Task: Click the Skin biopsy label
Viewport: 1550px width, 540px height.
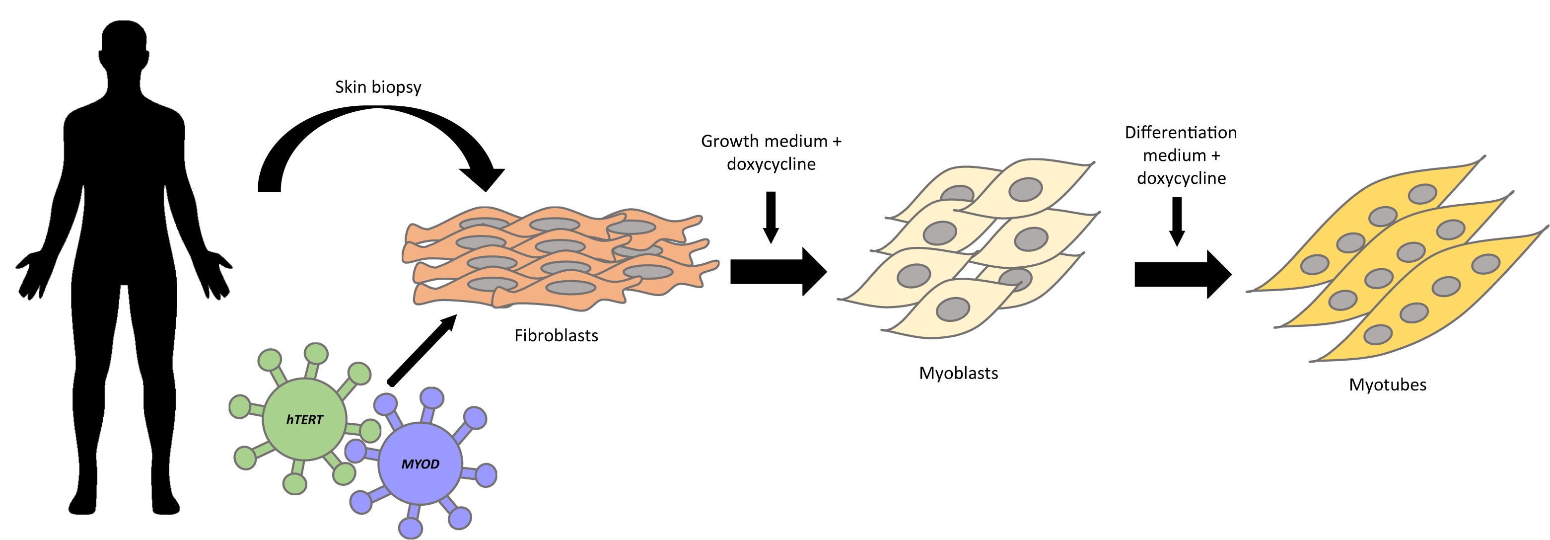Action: click(378, 87)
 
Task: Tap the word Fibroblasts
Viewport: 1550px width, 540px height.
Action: click(556, 335)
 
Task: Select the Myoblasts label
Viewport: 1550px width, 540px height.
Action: click(958, 373)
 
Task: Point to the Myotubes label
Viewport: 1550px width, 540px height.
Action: click(1387, 385)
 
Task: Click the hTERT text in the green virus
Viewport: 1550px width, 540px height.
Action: click(304, 420)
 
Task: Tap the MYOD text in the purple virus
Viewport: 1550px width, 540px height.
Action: click(420, 464)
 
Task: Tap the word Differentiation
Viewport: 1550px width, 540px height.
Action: click(1181, 133)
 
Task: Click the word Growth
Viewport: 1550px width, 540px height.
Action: click(729, 142)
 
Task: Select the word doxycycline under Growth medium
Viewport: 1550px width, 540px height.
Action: click(771, 164)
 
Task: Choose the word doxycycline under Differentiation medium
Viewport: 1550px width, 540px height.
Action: click(1181, 178)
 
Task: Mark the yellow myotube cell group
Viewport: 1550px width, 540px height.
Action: click(1396, 259)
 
